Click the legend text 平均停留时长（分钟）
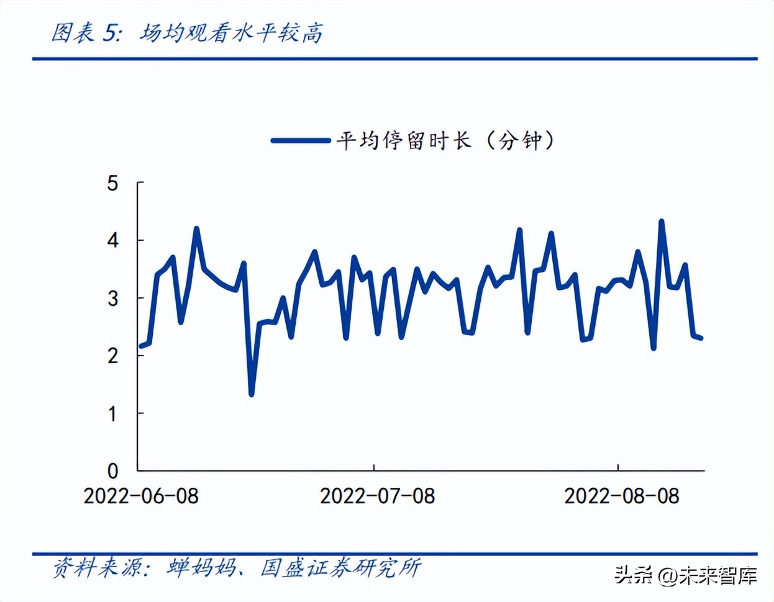[445, 140]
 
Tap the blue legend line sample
[301, 141]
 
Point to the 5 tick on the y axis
[112, 183]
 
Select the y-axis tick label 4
[112, 240]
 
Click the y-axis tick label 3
[112, 298]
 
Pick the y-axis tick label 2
[112, 356]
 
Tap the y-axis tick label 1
[112, 413]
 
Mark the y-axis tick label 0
[112, 470]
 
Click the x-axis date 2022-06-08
[141, 496]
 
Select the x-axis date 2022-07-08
[377, 496]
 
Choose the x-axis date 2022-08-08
[621, 496]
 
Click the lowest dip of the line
[251, 394]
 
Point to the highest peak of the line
[661, 221]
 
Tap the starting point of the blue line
[140, 346]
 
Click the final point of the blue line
[701, 338]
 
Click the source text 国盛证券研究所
[340, 567]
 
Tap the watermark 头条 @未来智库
[686, 575]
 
